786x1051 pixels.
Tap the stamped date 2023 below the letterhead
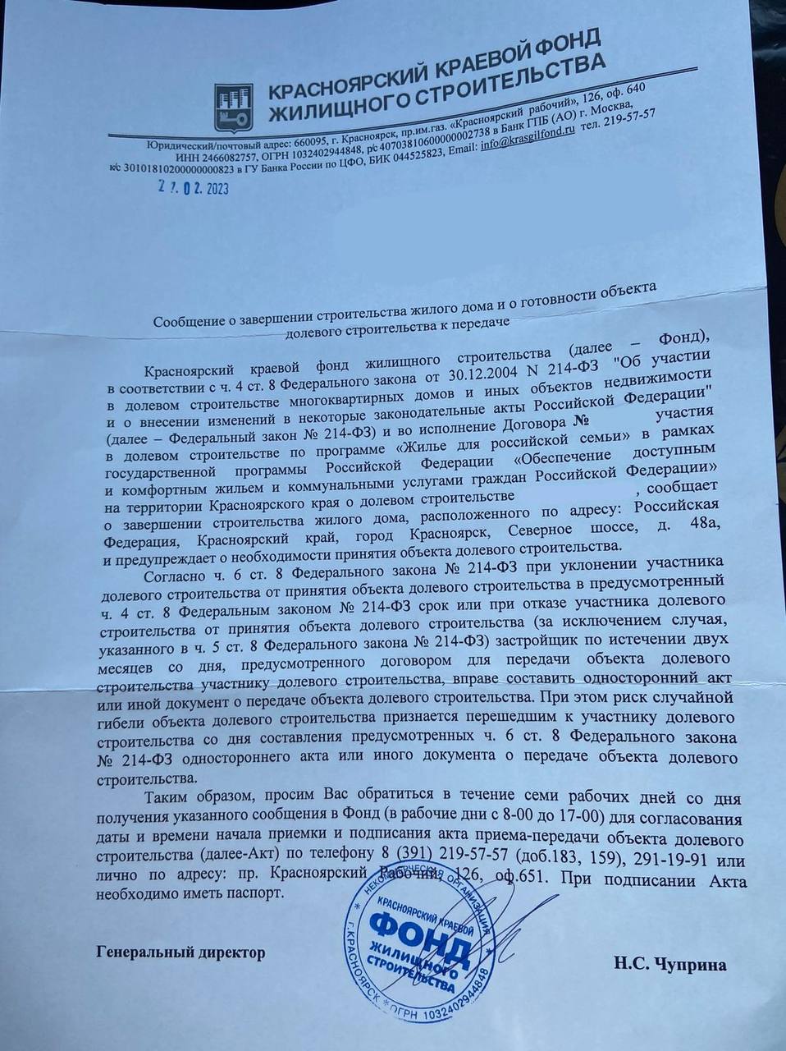pyautogui.click(x=208, y=188)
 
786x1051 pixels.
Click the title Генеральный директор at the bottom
pyautogui.click(x=181, y=952)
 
